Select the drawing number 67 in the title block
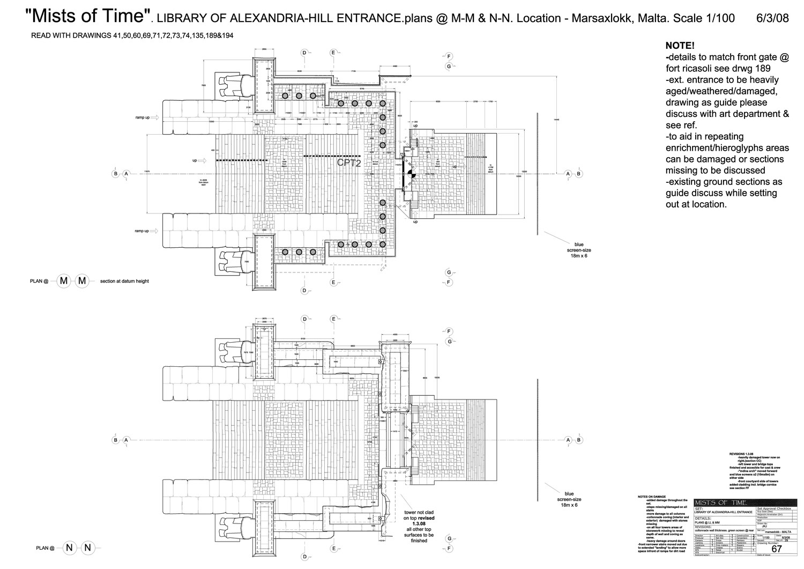pos(776,549)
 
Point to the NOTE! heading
pos(680,46)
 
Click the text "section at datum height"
pos(124,281)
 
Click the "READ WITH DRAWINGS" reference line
pos(132,35)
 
